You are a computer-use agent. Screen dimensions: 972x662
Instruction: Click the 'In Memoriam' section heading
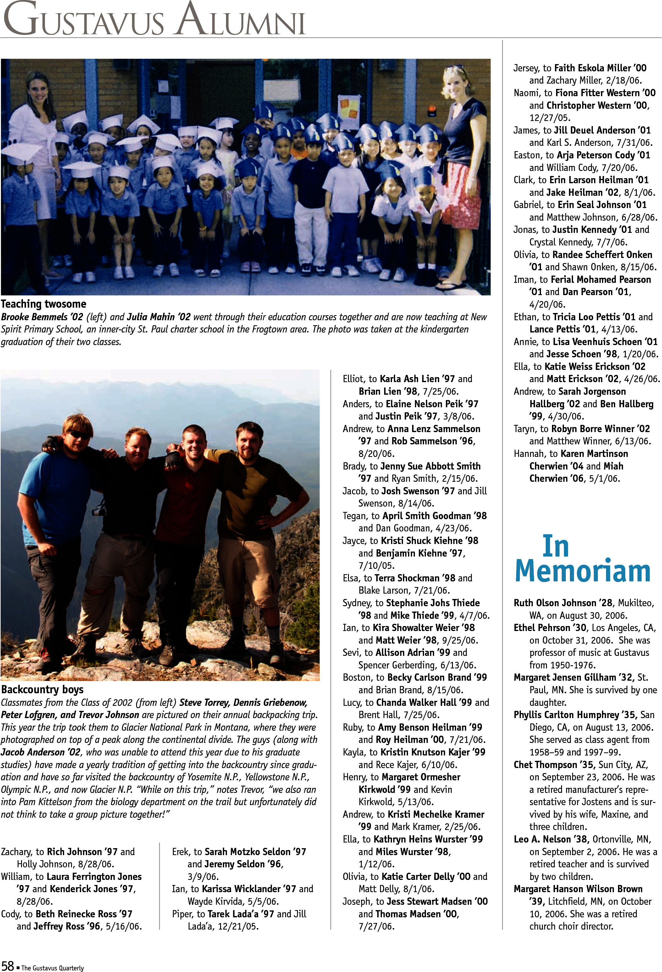tap(582, 559)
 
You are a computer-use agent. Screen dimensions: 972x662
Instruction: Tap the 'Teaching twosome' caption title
tap(43, 304)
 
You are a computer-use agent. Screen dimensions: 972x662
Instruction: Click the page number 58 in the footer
tap(8, 965)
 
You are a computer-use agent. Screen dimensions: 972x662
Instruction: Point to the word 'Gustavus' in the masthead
tap(84, 20)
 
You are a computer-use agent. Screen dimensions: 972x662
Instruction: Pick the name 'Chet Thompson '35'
tap(553, 765)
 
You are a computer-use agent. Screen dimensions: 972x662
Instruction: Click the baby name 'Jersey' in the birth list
tap(526, 68)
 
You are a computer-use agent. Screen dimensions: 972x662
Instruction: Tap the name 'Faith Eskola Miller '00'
tap(600, 68)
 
